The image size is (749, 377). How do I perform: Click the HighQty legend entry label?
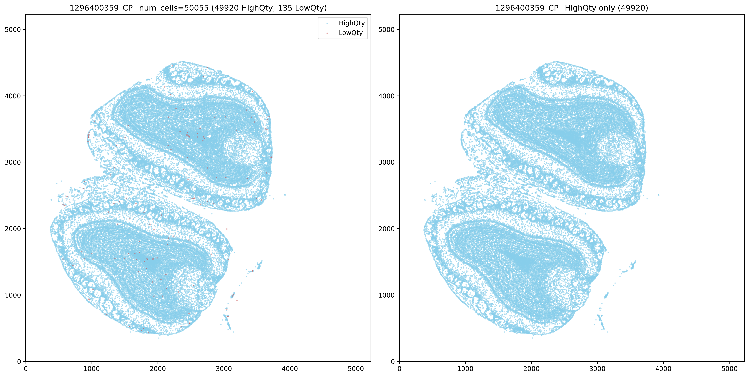point(352,23)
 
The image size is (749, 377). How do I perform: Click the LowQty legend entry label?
point(351,33)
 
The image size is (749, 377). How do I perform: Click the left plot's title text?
point(198,8)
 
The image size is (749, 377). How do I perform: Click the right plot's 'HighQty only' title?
point(572,8)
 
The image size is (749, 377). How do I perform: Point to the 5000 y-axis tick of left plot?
point(13,29)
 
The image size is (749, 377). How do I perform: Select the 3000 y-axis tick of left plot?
point(13,162)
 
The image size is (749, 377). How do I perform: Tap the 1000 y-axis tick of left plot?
point(13,295)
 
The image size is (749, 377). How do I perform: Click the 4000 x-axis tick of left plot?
point(290,369)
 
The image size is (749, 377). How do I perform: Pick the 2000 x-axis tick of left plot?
point(158,369)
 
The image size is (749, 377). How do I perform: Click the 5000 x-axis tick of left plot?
point(356,369)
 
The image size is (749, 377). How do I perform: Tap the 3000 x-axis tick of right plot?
point(597,369)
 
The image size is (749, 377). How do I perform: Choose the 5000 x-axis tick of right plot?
point(729,369)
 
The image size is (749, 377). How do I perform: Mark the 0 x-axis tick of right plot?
point(399,369)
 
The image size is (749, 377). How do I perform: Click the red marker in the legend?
point(327,33)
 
